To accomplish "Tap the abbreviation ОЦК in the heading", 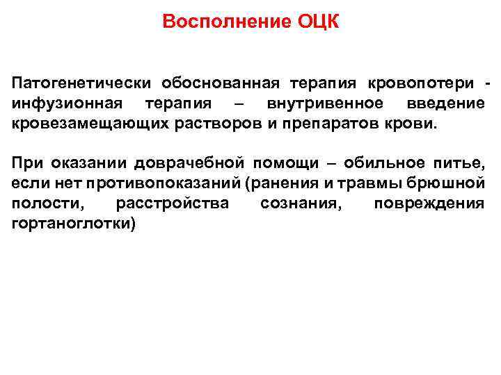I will pos(318,22).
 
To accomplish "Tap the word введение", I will pos(445,104).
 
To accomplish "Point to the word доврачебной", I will pos(196,165).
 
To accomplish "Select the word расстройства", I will pos(173,205).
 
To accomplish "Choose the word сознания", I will pos(301,205).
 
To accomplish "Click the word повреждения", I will pos(429,205).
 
